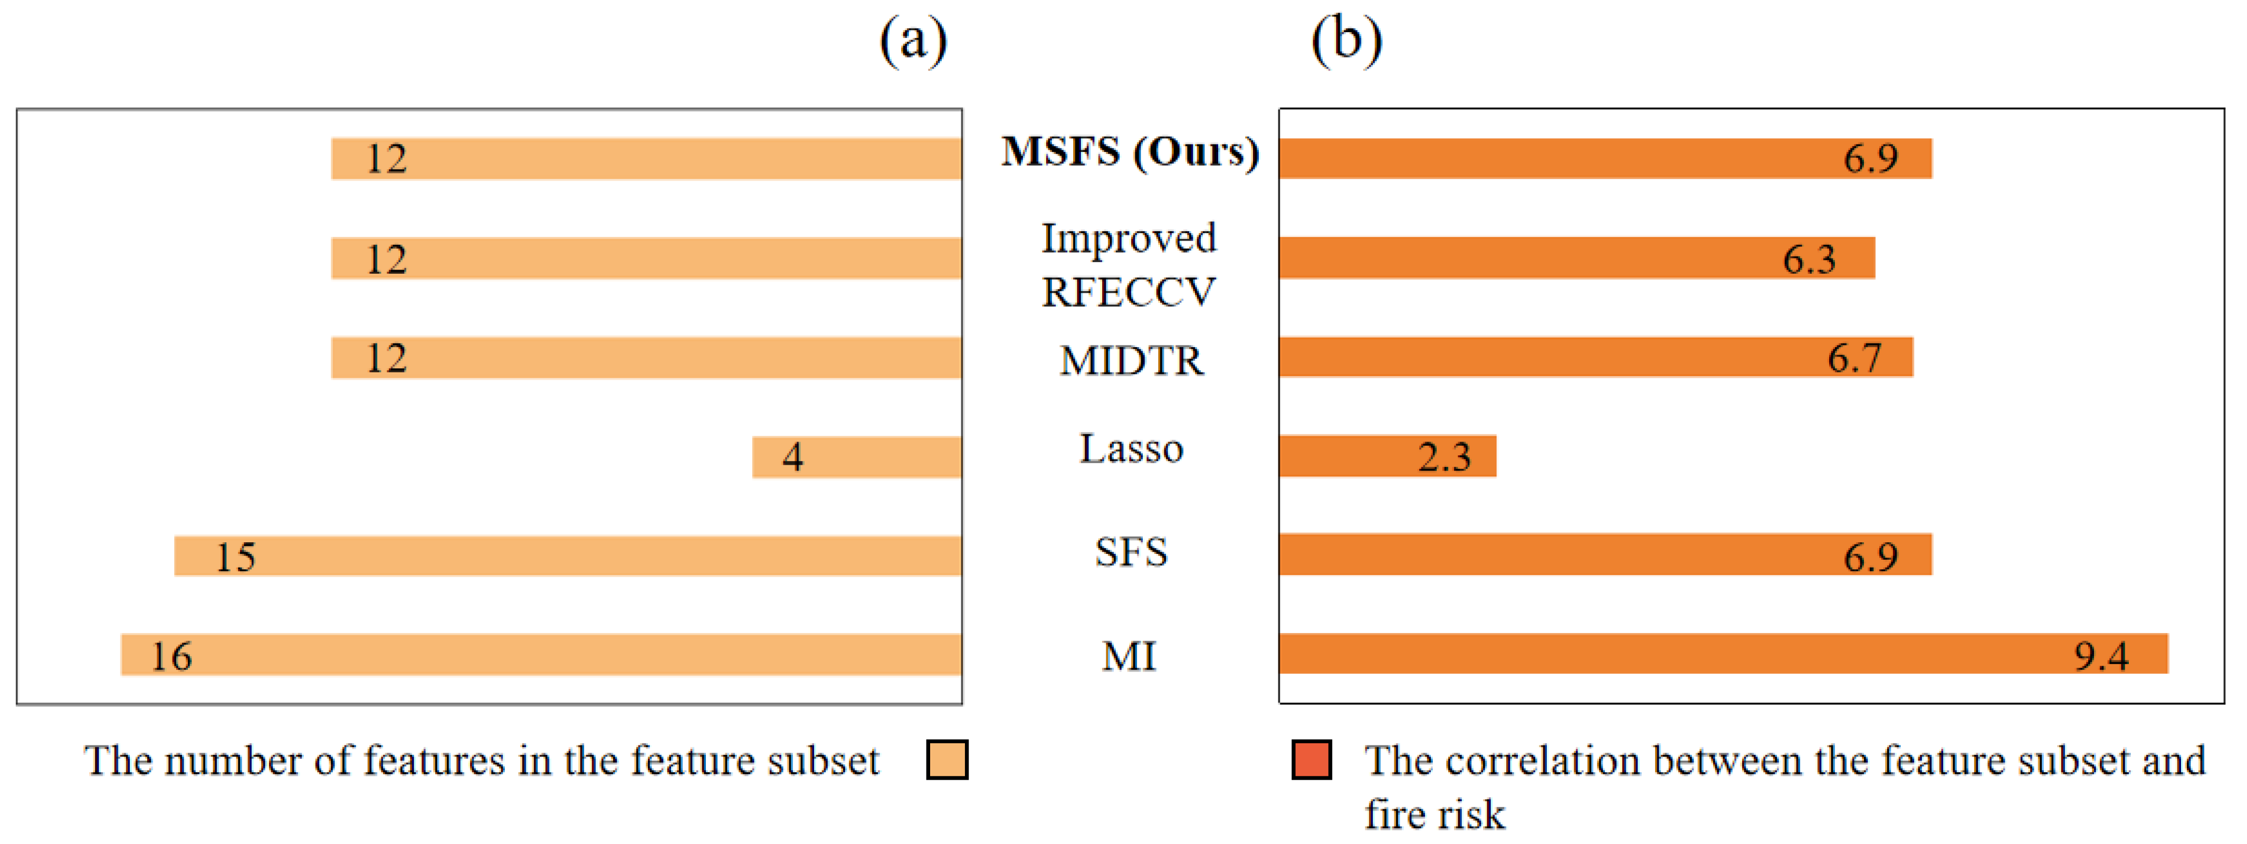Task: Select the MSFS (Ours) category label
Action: pos(1130,152)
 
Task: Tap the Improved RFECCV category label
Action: pos(1129,264)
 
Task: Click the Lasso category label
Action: pos(1131,449)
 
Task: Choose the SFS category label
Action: pos(1131,552)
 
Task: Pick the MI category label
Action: pos(1129,656)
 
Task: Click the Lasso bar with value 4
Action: pos(857,457)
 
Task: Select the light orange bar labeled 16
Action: pos(541,655)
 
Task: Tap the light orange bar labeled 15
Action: pos(567,557)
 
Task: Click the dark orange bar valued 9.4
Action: pos(1723,654)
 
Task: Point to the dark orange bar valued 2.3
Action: pos(1387,456)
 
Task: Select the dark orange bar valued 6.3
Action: pos(1576,258)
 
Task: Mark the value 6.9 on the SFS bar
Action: pos(1870,557)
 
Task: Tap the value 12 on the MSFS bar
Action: pos(386,159)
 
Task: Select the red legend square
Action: pos(1311,760)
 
